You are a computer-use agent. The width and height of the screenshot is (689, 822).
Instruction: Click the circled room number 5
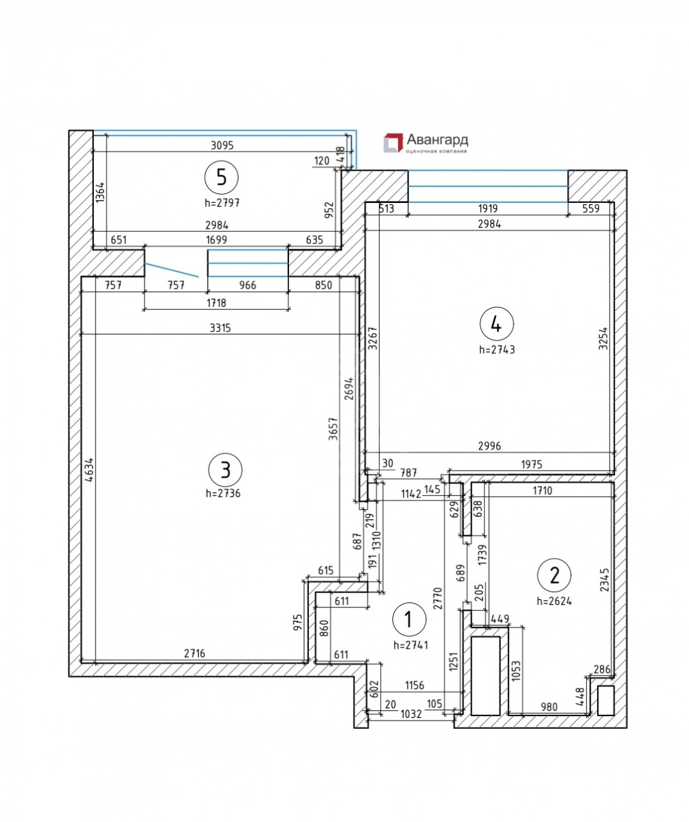pos(222,177)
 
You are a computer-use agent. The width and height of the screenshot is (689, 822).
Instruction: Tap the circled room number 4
pos(496,324)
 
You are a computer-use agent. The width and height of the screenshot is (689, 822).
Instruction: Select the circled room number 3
pos(225,470)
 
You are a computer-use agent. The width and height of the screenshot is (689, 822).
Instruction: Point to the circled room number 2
pos(554,575)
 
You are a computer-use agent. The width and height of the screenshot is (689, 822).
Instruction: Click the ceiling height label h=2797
pos(222,203)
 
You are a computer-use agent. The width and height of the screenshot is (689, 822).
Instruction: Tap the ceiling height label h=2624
pos(554,601)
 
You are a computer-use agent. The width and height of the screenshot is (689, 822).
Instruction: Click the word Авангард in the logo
pos(437,140)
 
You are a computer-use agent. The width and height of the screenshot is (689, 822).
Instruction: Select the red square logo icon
pos(393,143)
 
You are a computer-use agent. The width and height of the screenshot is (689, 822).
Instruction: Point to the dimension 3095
pos(222,146)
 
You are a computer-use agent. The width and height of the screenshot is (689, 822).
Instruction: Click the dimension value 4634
pos(89,470)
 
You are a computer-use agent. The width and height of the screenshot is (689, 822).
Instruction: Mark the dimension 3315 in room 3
pos(220,328)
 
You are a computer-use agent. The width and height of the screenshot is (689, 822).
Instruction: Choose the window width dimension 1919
pos(487,208)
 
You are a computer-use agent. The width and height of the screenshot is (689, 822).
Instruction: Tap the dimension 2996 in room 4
pos(489,446)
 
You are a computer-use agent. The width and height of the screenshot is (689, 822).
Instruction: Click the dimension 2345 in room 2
pos(604,579)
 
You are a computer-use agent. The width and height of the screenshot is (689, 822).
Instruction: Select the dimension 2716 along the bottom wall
pos(195,654)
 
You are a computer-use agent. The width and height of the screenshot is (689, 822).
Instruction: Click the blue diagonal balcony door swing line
pos(171,270)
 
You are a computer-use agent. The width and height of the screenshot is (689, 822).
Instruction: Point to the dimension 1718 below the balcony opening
pos(216,302)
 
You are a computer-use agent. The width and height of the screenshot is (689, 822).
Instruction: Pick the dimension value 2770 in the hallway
pos(438,599)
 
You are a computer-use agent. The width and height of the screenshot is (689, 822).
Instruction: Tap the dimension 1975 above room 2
pos(532,464)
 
